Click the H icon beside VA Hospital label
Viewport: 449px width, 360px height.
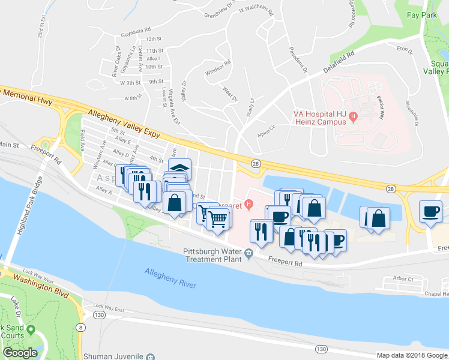pyautogui.click(x=354, y=116)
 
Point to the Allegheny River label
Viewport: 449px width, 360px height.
pyautogui.click(x=170, y=279)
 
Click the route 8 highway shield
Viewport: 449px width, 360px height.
pyautogui.click(x=80, y=326)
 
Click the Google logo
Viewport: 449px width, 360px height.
pyautogui.click(x=20, y=353)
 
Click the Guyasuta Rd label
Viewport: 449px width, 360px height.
pyautogui.click(x=135, y=28)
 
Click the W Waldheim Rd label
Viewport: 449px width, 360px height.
pyautogui.click(x=256, y=11)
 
